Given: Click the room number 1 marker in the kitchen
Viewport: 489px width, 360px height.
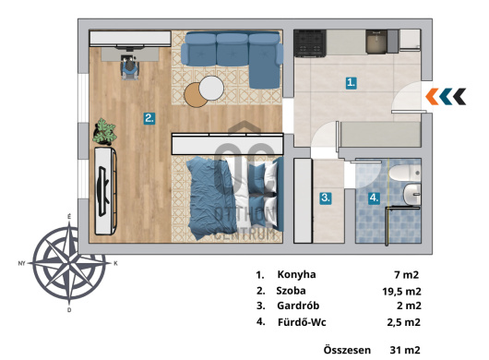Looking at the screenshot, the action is point(352,83).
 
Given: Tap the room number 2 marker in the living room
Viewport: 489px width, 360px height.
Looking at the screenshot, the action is point(149,118).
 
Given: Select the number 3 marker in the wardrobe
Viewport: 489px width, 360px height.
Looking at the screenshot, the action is point(326,198).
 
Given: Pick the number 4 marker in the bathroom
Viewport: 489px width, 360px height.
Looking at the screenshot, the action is point(374,198).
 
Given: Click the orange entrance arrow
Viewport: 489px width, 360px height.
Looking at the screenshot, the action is point(431,96).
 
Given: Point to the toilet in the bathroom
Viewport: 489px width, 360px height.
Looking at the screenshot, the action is point(405,173).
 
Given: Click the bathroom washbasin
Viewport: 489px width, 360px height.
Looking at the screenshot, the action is point(412,195).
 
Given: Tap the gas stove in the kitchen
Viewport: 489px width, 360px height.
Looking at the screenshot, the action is point(310,43).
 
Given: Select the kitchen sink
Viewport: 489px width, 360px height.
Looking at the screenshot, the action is point(376,42).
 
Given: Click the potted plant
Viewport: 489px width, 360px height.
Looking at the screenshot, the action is point(104,132).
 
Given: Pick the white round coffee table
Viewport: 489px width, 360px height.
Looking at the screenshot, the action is point(211,89).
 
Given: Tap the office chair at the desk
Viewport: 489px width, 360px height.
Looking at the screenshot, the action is point(129,67).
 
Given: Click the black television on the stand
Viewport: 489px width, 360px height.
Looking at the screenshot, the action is point(103,191).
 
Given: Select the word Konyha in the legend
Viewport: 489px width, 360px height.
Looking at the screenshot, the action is point(296,274).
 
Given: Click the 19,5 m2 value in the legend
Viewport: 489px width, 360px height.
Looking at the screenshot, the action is point(401,292).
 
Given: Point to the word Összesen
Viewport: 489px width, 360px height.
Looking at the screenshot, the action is point(347,350).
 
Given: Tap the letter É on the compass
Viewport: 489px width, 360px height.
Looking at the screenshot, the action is point(69,217).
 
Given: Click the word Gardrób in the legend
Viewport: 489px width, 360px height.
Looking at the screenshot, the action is point(298,306).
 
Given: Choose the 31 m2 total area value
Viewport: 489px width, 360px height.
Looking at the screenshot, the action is point(405,350).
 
